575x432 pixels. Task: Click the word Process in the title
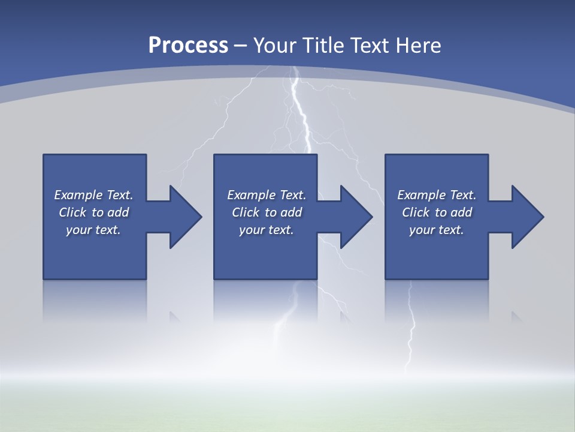point(188,45)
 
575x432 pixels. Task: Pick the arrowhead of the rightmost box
point(526,217)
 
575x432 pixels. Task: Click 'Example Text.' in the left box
point(93,195)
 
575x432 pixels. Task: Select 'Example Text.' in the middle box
point(267,195)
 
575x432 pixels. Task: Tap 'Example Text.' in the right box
point(437,195)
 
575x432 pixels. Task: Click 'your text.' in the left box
point(93,230)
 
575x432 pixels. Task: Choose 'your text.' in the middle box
point(267,230)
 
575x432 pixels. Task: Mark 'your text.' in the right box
point(437,230)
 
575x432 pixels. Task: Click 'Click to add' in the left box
point(93,212)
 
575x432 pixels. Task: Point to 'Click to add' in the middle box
point(267,212)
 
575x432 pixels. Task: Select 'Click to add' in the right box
point(437,212)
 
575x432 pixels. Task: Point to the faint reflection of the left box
point(95,300)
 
